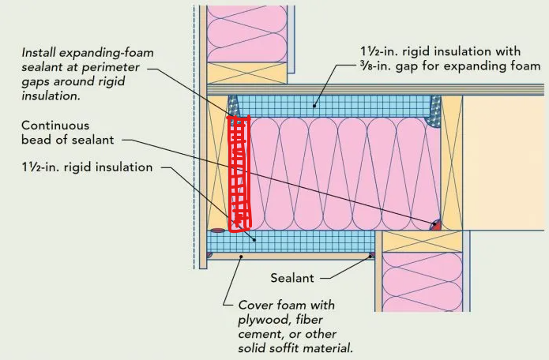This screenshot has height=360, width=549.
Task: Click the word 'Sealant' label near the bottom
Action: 292,278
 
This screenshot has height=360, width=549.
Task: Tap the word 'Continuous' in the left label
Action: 55,126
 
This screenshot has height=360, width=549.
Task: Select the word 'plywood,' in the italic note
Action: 263,320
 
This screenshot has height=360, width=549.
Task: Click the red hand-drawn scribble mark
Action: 239,174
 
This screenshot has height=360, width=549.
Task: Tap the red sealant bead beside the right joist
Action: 435,225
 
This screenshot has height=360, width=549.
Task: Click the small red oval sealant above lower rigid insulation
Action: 218,231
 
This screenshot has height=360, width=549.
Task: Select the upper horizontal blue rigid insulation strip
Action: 332,106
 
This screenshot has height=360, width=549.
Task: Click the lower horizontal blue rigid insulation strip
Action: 291,242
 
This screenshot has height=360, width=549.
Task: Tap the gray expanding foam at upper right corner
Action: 434,111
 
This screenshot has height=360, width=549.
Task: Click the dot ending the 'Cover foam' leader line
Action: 241,257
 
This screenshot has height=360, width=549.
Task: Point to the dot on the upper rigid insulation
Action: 314,105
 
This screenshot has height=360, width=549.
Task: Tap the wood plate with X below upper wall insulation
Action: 247,73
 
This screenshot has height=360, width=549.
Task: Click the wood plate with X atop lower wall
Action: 423,242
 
